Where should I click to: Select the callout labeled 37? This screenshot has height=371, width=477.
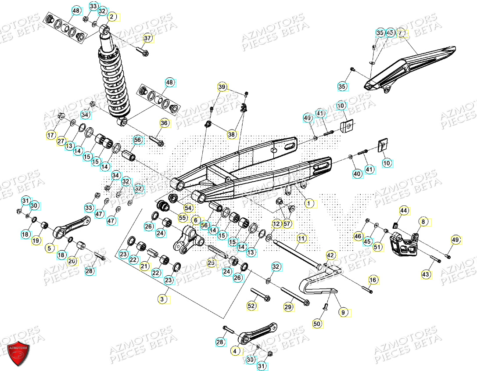tap(147, 39)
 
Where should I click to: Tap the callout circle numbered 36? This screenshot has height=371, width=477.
tap(164, 123)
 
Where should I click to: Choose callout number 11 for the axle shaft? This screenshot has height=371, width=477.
tap(301, 238)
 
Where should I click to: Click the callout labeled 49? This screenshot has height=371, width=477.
tap(455, 240)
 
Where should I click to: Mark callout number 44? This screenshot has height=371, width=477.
tap(403, 211)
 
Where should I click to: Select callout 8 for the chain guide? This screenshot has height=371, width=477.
tap(423, 222)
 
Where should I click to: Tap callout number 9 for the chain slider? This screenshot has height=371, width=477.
tap(343, 313)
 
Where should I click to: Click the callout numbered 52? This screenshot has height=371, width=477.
tap(251, 306)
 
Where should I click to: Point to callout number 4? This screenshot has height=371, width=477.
tap(236, 351)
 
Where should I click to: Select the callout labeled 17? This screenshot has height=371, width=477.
tap(51, 135)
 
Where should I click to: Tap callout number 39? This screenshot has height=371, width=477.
tap(222, 87)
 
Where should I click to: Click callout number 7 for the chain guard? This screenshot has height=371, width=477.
tap(400, 33)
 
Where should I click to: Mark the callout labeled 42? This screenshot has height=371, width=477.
tap(330, 255)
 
